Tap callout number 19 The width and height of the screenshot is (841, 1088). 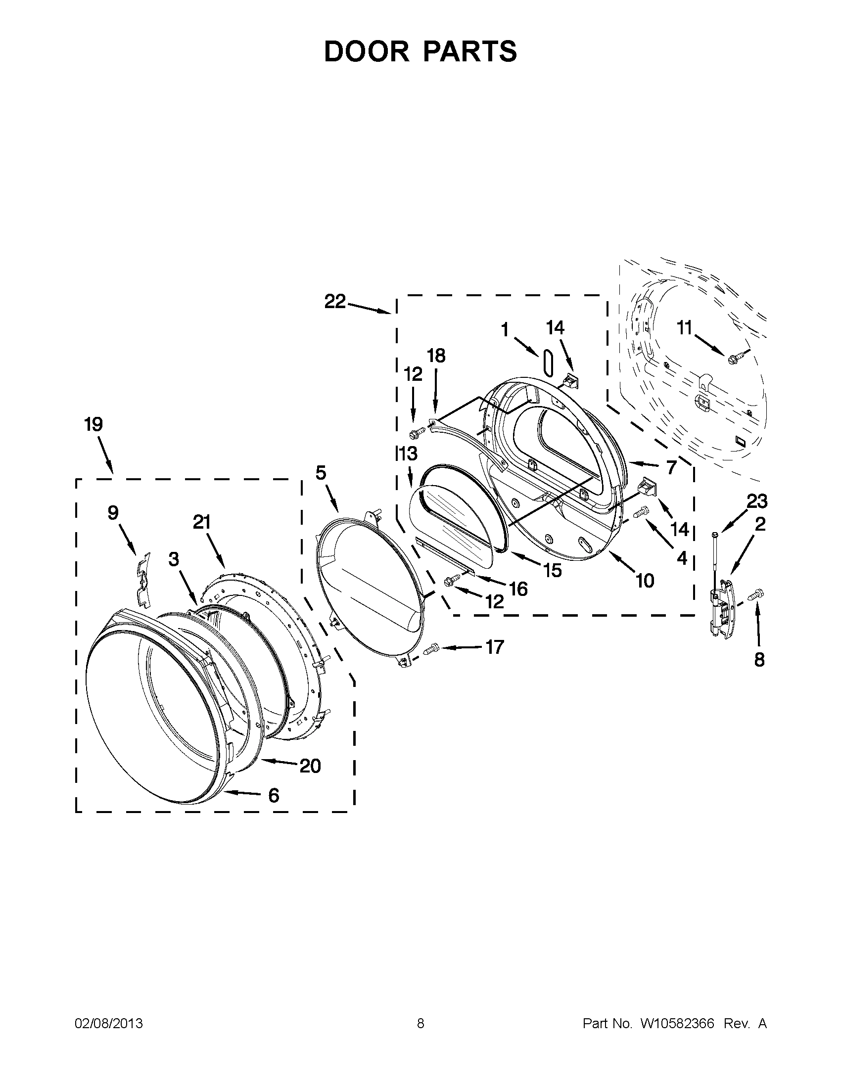coord(93,424)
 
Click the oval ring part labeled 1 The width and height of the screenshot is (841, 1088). coord(549,362)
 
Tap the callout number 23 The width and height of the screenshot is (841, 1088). coord(756,501)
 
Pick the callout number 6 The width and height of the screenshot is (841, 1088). coord(274,796)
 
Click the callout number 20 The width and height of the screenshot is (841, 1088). coord(309,766)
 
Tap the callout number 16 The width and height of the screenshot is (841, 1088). coord(518,589)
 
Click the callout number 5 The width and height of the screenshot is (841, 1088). coord(321,472)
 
